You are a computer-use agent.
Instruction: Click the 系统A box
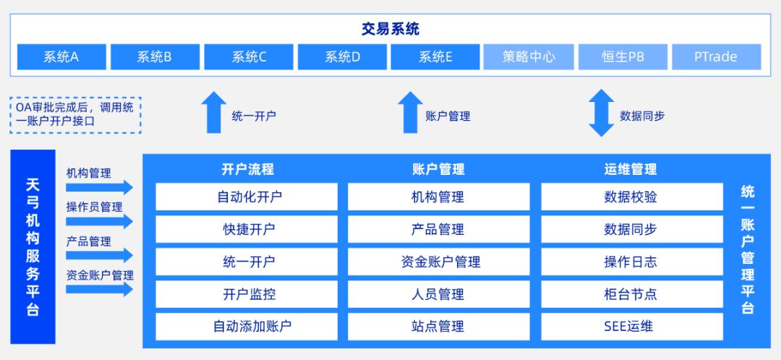tap(61, 56)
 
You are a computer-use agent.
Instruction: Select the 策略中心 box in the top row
tap(529, 56)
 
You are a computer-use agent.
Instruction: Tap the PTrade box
tap(716, 56)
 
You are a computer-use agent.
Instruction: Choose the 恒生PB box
tap(623, 56)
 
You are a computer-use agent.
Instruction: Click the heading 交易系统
tap(390, 30)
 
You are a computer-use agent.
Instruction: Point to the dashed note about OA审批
tap(75, 115)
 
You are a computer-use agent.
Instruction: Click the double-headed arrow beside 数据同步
tap(601, 113)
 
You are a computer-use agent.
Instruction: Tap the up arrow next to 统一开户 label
tap(213, 113)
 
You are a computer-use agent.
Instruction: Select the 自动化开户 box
tap(247, 197)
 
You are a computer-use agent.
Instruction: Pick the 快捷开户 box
tap(247, 229)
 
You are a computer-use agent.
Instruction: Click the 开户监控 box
tap(247, 294)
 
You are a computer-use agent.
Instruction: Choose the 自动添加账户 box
tap(247, 326)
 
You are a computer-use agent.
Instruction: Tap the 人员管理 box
tap(438, 294)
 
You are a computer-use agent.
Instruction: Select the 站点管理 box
tap(438, 326)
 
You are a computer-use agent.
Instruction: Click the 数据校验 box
tap(631, 197)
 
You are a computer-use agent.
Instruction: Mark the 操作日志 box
tap(631, 262)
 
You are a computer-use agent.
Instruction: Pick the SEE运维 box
tap(631, 326)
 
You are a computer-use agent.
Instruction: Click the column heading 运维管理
tap(631, 170)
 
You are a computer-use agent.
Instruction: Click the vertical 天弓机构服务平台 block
tap(33, 247)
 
